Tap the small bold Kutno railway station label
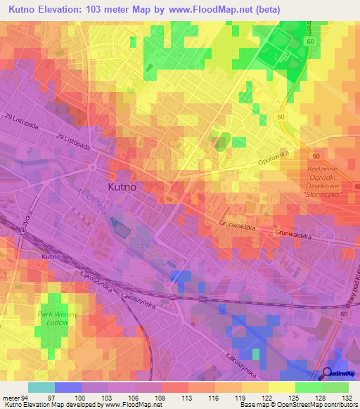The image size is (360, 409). click(51, 258)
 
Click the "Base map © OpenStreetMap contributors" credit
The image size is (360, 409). click(297, 404)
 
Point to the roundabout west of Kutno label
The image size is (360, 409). click(93, 167)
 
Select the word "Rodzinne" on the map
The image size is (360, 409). click(325, 170)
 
